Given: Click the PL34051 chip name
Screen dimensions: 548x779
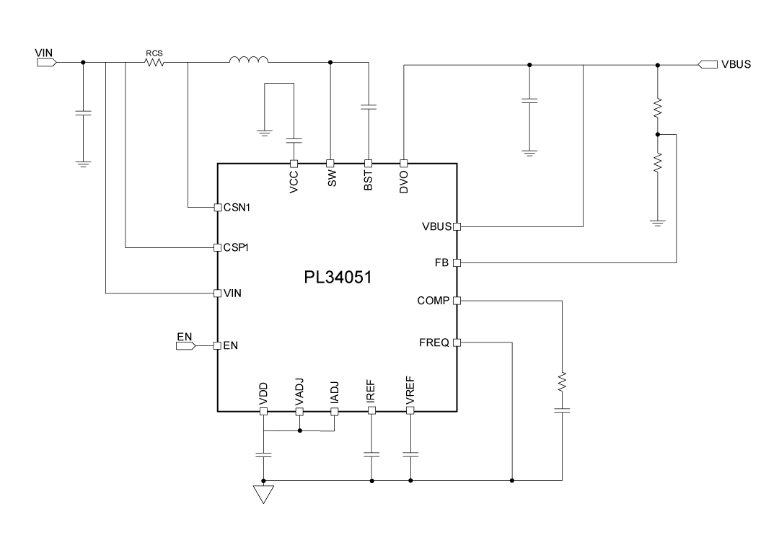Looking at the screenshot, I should tap(337, 277).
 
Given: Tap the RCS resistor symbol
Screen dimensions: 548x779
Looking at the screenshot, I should tap(154, 63).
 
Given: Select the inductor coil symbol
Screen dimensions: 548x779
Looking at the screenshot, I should tap(249, 61).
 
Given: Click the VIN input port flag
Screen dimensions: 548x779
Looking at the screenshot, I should tap(46, 62).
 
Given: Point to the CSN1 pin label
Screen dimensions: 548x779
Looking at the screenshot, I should tap(237, 208).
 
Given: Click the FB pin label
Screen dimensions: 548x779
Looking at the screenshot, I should tap(441, 262).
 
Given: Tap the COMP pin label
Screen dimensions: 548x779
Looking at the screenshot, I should tap(433, 301).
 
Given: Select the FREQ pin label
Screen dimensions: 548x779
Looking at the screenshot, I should tap(434, 342).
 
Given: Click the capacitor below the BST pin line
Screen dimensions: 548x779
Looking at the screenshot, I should tap(368, 107).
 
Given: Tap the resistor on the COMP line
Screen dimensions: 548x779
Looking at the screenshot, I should tap(562, 381).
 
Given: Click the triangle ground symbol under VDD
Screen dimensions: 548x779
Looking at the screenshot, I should tap(263, 494).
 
